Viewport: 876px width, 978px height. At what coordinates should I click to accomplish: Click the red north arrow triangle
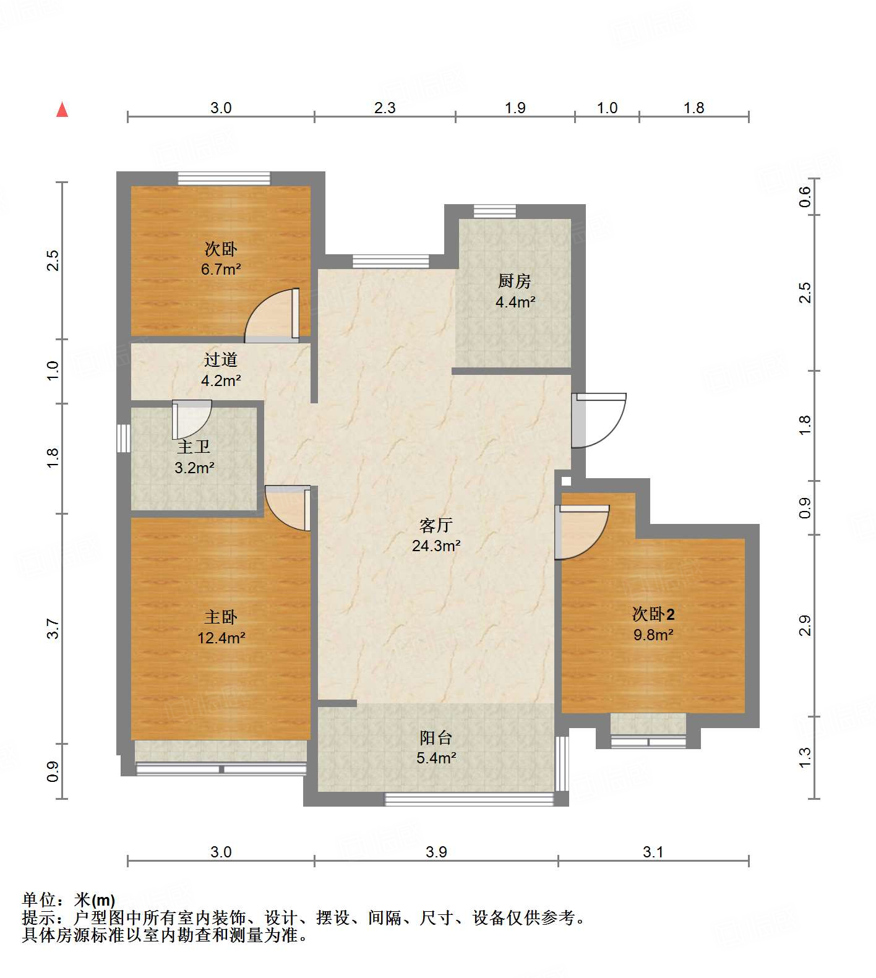pyautogui.click(x=62, y=109)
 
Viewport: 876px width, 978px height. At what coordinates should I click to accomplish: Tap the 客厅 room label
pyautogui.click(x=436, y=525)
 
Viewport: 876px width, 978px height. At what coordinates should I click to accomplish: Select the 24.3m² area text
pyautogui.click(x=436, y=546)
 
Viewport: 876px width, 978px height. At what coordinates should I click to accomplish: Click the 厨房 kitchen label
pyautogui.click(x=515, y=281)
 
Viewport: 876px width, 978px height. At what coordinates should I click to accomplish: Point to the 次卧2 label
pyautogui.click(x=653, y=614)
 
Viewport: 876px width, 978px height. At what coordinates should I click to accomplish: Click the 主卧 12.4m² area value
pyautogui.click(x=221, y=637)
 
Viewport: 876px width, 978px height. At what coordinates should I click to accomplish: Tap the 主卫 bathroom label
pyautogui.click(x=194, y=447)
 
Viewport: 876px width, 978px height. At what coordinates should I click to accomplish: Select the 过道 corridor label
pyautogui.click(x=221, y=359)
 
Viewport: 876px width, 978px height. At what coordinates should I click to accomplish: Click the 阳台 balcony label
pyautogui.click(x=436, y=737)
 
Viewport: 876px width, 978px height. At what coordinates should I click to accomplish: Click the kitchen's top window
pyautogui.click(x=495, y=212)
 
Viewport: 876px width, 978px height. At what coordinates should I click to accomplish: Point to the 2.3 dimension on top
pyautogui.click(x=384, y=108)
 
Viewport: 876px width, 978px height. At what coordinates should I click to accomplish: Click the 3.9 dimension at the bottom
pyautogui.click(x=436, y=852)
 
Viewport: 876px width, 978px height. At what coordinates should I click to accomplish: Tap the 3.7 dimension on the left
pyautogui.click(x=53, y=628)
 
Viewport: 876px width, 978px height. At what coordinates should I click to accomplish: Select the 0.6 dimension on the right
pyautogui.click(x=804, y=196)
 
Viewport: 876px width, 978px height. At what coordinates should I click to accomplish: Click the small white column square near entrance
pyautogui.click(x=565, y=480)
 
